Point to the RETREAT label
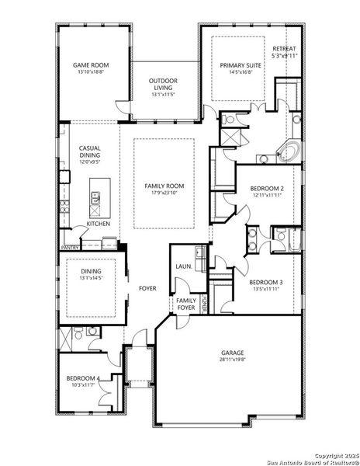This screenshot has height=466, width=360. (284, 48)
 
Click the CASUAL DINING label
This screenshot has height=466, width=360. (90, 153)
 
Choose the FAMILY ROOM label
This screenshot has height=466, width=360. (163, 186)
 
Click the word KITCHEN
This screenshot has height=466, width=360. (99, 224)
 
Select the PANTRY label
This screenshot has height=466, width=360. (71, 248)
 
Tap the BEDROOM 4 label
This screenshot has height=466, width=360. (82, 378)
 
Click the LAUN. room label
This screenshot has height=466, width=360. (183, 266)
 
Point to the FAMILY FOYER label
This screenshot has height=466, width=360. (186, 304)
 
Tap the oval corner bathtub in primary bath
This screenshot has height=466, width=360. (294, 151)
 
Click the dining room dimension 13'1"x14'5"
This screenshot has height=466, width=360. (90, 277)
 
